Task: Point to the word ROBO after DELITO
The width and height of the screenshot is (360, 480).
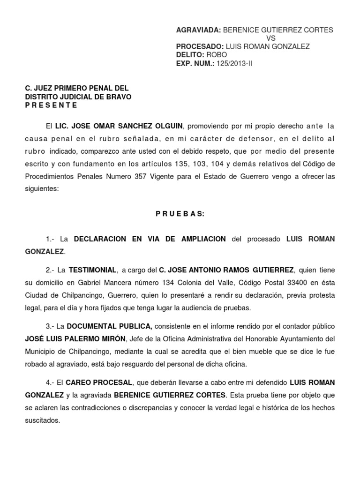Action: click(217, 54)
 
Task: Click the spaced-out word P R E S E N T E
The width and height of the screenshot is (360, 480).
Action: click(51, 105)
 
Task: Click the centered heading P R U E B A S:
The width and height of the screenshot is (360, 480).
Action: click(180, 214)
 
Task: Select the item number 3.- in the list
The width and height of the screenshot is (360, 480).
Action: click(51, 326)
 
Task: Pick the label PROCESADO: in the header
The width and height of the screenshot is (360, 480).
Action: click(200, 46)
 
